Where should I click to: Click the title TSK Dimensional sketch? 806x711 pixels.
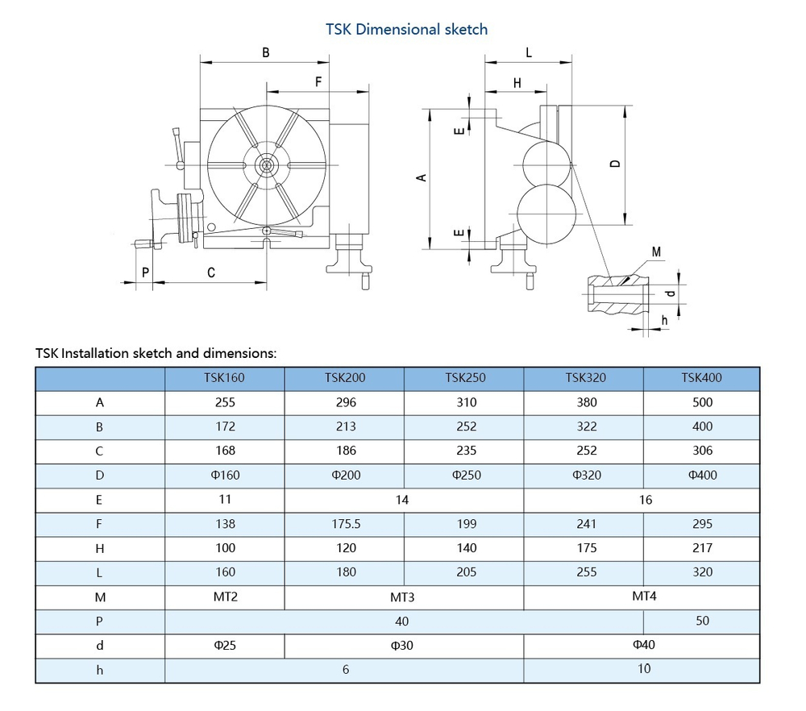pos(406,29)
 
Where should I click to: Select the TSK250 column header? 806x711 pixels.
pos(465,377)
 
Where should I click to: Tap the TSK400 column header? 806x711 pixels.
pos(701,377)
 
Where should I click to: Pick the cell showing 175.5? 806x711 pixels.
pos(345,524)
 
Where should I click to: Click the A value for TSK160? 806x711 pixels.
pos(226,402)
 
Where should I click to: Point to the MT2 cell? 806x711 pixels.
pos(226,597)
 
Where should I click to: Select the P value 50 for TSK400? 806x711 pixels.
pos(702,621)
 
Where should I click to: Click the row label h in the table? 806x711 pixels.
pos(100,669)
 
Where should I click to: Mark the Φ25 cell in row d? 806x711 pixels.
pos(226,645)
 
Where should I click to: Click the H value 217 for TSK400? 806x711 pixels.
pos(702,547)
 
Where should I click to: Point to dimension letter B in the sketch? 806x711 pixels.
pos(265,53)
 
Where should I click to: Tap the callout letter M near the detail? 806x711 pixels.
pos(656,252)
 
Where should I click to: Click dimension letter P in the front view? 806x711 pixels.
pos(145,272)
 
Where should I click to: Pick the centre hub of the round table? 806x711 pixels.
pos(265,165)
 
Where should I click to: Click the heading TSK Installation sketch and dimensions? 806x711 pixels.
pos(156,353)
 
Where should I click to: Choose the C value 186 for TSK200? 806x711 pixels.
pos(345,451)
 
